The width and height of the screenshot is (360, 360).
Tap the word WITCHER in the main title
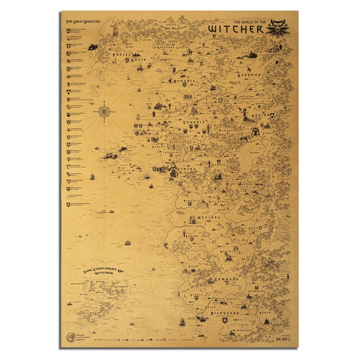click(236, 29)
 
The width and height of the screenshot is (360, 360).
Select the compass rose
click(104, 112)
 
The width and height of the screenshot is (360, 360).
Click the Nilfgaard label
click(224, 313)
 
